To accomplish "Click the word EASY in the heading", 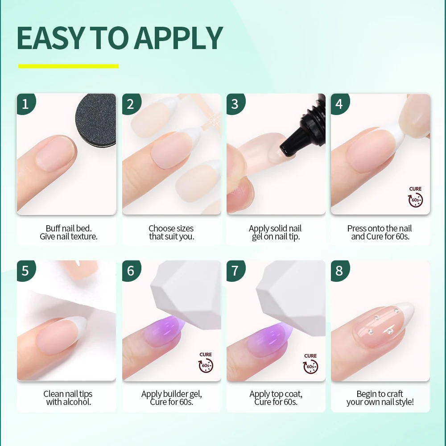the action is click(51, 38).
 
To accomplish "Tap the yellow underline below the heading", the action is click(68, 66).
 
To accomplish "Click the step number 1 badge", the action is click(26, 104).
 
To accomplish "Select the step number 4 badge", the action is click(339, 104).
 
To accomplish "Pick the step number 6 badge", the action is click(131, 271).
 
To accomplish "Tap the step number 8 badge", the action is click(339, 271).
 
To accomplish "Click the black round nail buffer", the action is click(96, 120).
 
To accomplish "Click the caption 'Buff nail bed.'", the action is click(69, 228).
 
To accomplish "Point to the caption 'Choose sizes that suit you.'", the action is click(172, 232).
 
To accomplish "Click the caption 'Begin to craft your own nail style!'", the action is click(380, 398).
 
